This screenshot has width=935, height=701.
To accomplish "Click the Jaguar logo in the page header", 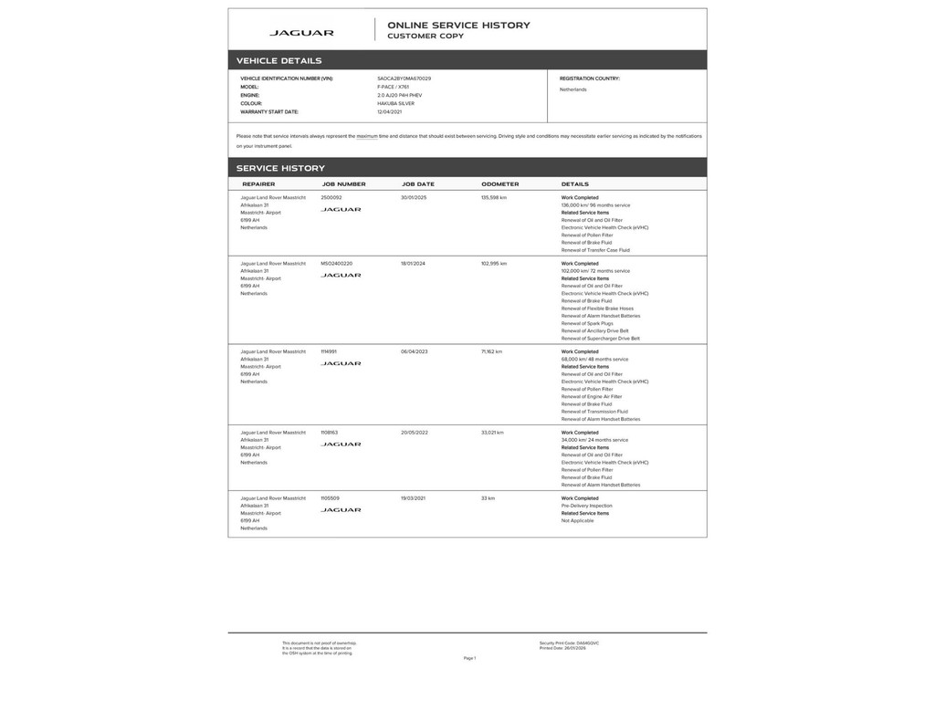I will click(301, 33).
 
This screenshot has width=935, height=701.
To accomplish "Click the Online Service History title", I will click(458, 26).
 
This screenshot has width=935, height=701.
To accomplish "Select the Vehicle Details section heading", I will click(278, 61).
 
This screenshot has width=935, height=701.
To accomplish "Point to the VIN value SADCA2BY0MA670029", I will click(404, 78).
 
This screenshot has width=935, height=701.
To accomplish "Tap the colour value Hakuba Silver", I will click(395, 103).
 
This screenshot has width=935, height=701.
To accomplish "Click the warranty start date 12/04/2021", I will click(390, 111).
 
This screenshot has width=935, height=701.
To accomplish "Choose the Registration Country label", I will click(590, 78).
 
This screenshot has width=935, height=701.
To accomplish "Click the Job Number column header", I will click(343, 184).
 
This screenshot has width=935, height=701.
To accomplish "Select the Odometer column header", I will click(499, 184).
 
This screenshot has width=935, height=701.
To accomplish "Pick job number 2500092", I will click(331, 197).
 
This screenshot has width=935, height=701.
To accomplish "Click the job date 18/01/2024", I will click(414, 263).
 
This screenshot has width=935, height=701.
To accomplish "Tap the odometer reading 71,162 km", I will click(491, 351).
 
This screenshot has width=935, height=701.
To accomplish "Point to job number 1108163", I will click(330, 433).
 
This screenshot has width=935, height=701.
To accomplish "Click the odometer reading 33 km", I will click(488, 498).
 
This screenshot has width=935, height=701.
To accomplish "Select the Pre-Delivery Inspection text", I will click(586, 506).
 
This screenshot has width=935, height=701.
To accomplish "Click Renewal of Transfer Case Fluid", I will click(595, 250).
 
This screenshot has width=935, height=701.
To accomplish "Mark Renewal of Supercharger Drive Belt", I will click(600, 339).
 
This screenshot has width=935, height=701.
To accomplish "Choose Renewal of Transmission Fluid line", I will click(594, 412).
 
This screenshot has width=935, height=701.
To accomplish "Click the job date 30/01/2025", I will click(414, 197).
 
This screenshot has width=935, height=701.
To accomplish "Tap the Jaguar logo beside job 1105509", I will click(341, 510).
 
